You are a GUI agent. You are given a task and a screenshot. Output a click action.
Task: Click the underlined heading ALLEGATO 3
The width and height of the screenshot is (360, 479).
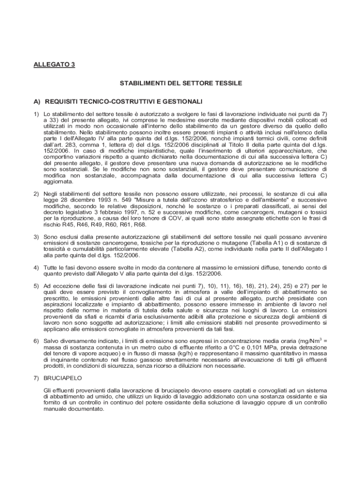[x=54, y=65]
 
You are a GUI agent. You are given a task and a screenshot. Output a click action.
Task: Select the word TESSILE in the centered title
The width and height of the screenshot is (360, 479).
[x=226, y=83]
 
